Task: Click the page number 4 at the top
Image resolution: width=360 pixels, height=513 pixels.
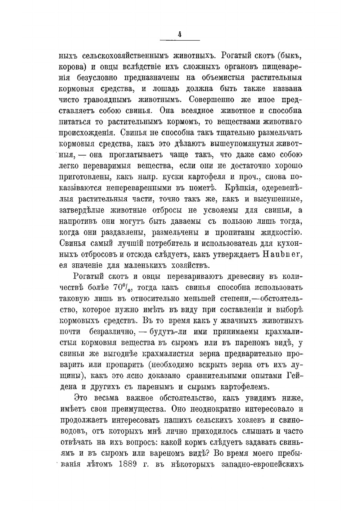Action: click(179, 34)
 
